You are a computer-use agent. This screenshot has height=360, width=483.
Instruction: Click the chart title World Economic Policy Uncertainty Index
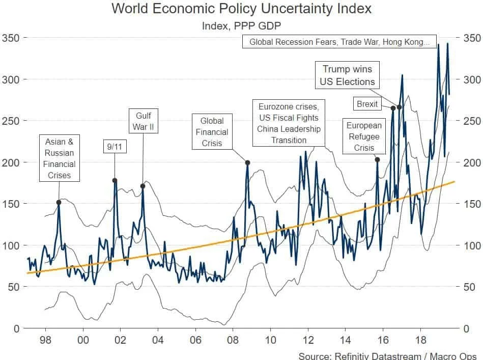coord(241,9)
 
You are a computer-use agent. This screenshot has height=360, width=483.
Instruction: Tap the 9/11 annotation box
coord(114,146)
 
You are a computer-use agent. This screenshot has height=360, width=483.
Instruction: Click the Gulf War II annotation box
coord(144,120)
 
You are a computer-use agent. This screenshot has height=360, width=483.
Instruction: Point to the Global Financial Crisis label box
coord(212,132)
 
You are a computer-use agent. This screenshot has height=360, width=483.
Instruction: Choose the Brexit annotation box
coord(367,104)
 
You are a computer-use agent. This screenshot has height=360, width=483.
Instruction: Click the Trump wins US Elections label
coord(347,75)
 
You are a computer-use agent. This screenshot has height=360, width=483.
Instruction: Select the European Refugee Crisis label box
coord(364,136)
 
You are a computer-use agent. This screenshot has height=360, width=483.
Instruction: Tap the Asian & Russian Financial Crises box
coord(59,158)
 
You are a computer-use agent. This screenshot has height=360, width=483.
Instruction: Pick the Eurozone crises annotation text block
coord(289,123)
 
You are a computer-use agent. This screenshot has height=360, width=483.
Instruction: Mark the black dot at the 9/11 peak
coord(115,180)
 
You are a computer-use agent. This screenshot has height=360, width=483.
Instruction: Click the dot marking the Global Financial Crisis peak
coord(247,163)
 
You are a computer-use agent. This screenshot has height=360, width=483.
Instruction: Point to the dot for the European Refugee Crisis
coord(377,160)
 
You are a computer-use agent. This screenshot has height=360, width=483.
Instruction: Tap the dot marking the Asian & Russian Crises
coord(59,202)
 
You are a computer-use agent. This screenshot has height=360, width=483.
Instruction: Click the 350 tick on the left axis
coord(12,38)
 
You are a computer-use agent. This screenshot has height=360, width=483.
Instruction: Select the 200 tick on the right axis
coord(471,162)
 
